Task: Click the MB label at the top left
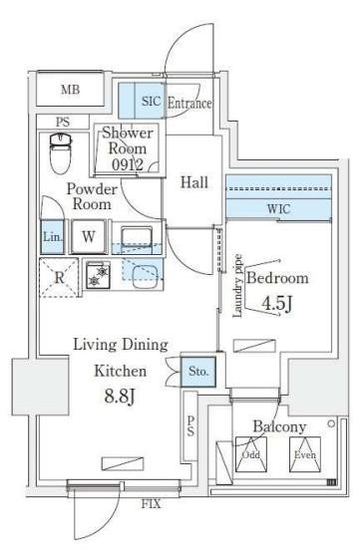[x=71, y=90]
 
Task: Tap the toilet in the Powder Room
[x=60, y=153]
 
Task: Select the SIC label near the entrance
[x=152, y=102]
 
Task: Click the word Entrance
[x=189, y=103]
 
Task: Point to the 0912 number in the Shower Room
[x=128, y=164]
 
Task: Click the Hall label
[x=194, y=182]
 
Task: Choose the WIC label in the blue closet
[x=278, y=209]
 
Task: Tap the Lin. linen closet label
[x=53, y=237]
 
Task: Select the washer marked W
[x=89, y=236]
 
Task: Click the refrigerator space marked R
[x=59, y=278]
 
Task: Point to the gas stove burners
[x=98, y=275]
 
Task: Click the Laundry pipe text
[x=238, y=286]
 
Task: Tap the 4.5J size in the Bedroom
[x=277, y=304]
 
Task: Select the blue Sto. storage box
[x=198, y=372]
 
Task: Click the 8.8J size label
[x=120, y=397]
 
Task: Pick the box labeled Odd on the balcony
[x=251, y=454]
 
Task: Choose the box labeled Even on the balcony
[x=305, y=454]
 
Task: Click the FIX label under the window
[x=152, y=504]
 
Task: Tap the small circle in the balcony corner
[x=331, y=424]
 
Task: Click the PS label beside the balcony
[x=190, y=426]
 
